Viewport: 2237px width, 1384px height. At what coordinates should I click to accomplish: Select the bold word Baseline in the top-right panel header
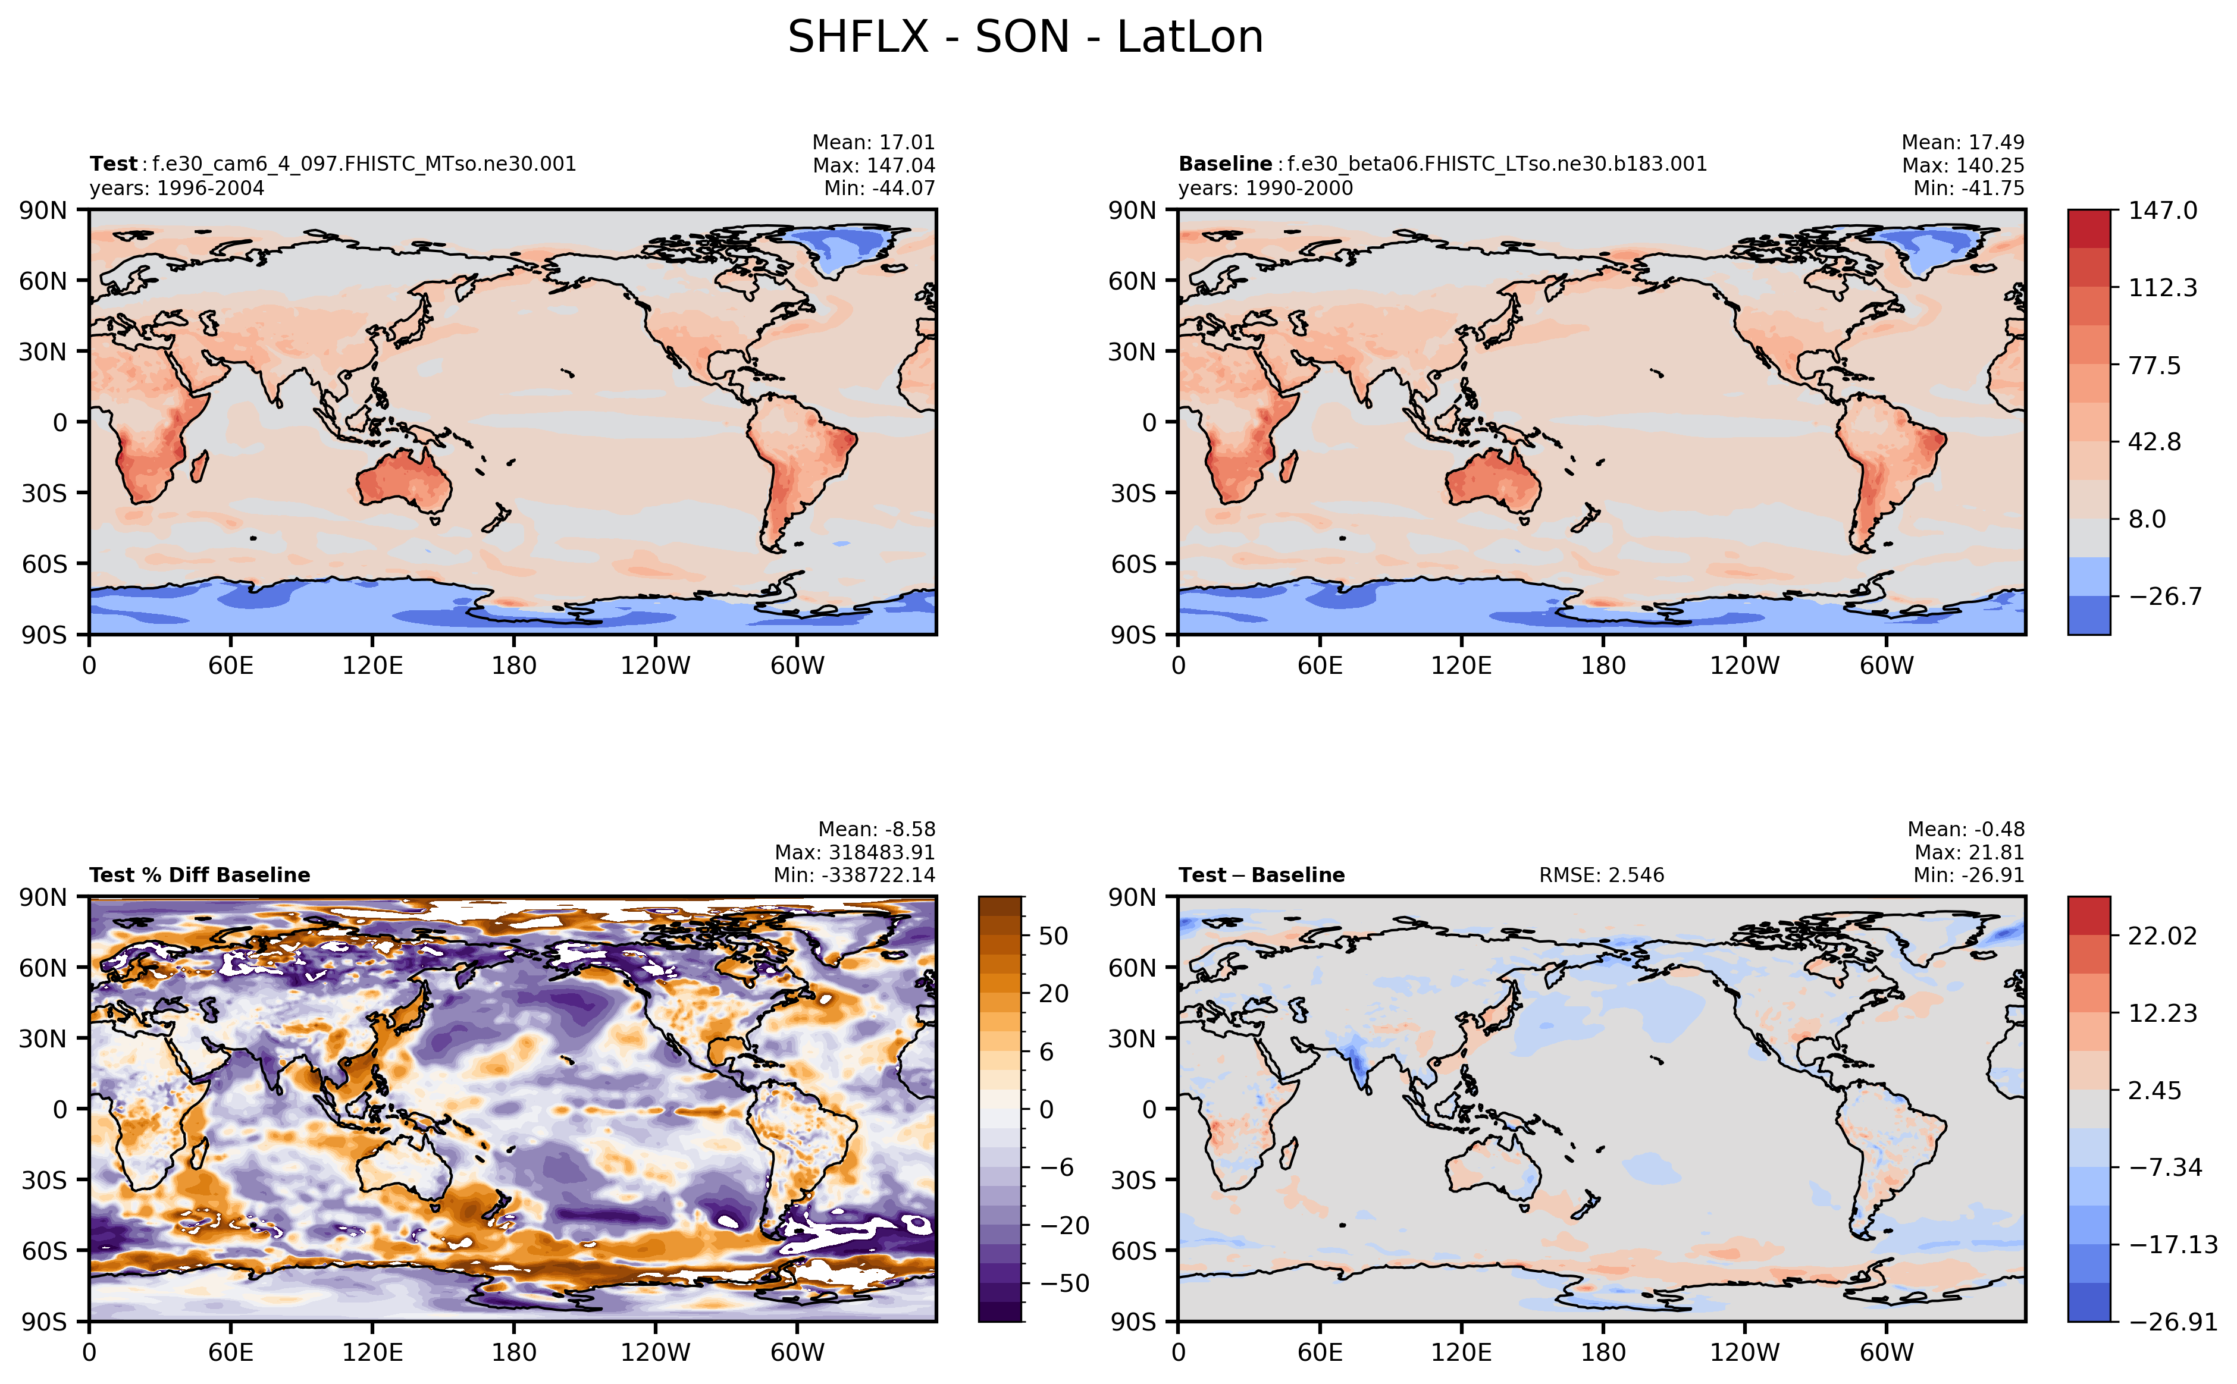coord(1224,164)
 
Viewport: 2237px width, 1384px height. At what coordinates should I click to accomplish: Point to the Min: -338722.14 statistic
coord(854,875)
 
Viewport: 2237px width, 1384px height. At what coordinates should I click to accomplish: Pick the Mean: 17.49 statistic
coord(1962,143)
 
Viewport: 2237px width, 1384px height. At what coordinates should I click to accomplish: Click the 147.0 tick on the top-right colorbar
coord(2162,211)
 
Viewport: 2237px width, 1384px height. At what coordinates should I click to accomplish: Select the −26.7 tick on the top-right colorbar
coord(2164,597)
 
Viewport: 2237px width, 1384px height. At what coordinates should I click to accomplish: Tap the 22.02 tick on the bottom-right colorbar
coord(2162,936)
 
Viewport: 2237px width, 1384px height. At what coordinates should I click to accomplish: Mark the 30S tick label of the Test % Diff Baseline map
coord(45,1180)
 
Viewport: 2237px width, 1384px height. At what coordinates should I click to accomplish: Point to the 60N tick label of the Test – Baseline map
coord(1133,968)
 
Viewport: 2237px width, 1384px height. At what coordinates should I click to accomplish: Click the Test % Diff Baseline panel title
coord(200,875)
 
